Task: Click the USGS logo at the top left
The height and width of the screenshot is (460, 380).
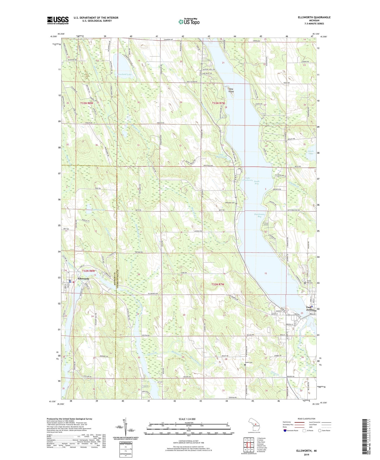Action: pos(58,20)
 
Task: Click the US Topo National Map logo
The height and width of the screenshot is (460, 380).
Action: pos(189,22)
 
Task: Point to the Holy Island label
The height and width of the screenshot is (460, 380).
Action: pos(231,90)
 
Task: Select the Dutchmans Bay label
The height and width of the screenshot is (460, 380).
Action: pos(260,215)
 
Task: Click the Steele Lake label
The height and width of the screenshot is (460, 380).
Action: pos(311,152)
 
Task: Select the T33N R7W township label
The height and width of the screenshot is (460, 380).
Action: pos(218,103)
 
